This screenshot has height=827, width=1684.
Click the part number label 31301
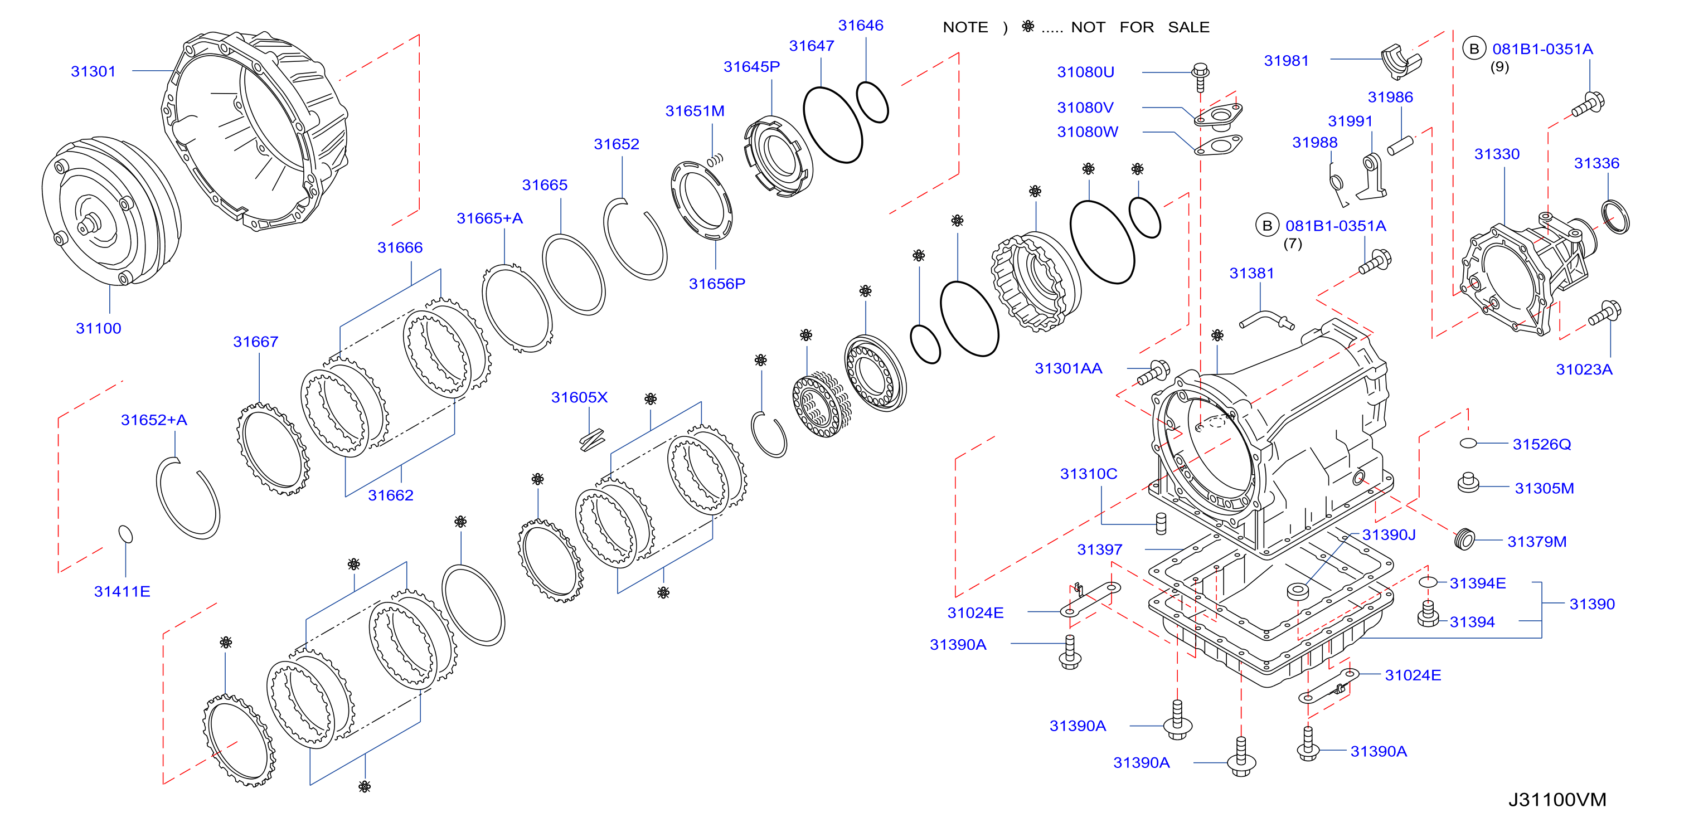(x=93, y=71)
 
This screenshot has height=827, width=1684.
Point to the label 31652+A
(x=154, y=420)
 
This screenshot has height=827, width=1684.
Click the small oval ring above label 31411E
(x=125, y=534)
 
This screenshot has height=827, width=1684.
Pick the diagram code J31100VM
(x=1556, y=800)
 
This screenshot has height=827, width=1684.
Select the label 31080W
(x=1087, y=132)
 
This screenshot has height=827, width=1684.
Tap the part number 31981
(x=1286, y=61)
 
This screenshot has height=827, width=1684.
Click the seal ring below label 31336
(x=1615, y=217)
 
